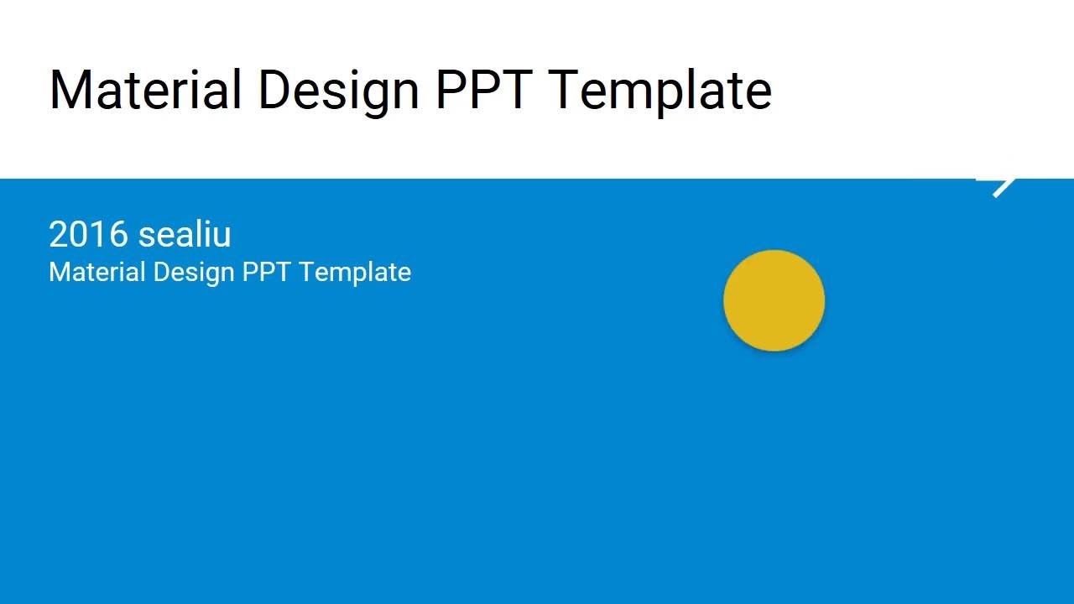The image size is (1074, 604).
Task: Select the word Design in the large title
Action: (x=338, y=90)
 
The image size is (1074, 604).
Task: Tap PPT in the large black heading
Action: (x=483, y=90)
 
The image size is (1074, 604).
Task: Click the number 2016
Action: (x=88, y=235)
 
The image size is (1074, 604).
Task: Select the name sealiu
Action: (x=185, y=235)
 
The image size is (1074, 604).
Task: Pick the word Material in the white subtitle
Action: (x=96, y=273)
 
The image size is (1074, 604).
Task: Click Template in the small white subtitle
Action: (x=355, y=273)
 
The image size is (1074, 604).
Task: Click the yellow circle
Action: (x=774, y=300)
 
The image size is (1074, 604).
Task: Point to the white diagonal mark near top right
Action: (x=1003, y=186)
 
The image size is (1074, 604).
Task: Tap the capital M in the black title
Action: (x=70, y=90)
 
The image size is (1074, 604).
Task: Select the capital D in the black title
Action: (x=275, y=90)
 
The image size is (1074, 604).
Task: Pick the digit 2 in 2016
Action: (x=59, y=235)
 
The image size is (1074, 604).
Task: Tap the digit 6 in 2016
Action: (x=118, y=235)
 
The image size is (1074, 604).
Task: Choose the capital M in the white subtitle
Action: (x=58, y=273)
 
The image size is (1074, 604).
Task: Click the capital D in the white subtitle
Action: (x=160, y=273)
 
